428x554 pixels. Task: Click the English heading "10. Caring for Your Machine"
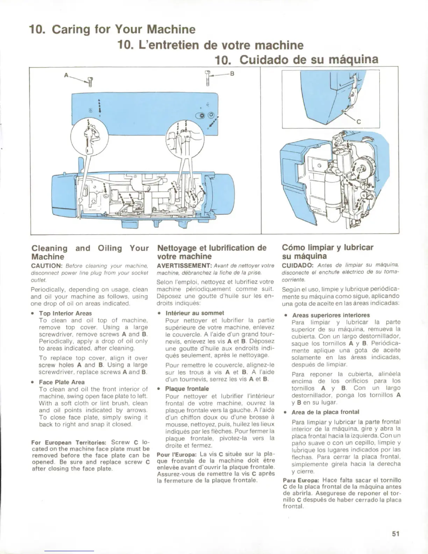(x=112, y=29)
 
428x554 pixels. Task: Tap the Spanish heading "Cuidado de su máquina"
(x=297, y=60)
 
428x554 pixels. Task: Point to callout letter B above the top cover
(x=232, y=74)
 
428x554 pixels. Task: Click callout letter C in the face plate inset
(x=358, y=122)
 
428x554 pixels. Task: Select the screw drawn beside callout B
(x=208, y=78)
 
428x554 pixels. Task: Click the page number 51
(x=395, y=533)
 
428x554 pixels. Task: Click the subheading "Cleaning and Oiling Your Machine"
(x=90, y=252)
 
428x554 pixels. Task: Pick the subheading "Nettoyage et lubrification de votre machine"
(x=212, y=251)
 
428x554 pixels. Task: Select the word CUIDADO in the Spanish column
(x=296, y=266)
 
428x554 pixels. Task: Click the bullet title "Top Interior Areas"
(x=65, y=313)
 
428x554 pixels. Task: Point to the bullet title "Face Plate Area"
(x=62, y=382)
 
